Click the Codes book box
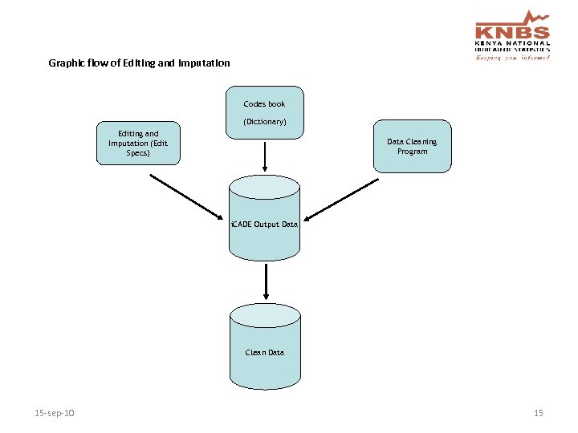264,112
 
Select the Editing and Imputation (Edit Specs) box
138,144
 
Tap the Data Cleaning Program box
412,146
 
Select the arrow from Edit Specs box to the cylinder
187,196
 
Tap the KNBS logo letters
512,33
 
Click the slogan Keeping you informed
512,57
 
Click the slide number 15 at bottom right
538,413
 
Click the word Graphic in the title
65,63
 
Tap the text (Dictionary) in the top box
264,122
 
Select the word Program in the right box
412,152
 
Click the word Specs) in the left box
138,152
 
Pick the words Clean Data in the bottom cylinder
264,353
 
